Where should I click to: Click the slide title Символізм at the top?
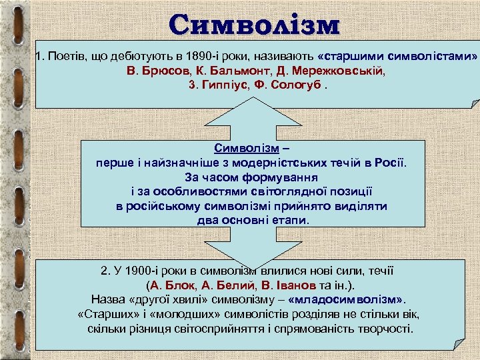tap(254, 25)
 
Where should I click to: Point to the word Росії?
tap(389, 163)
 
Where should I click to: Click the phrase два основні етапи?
tap(253, 221)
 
